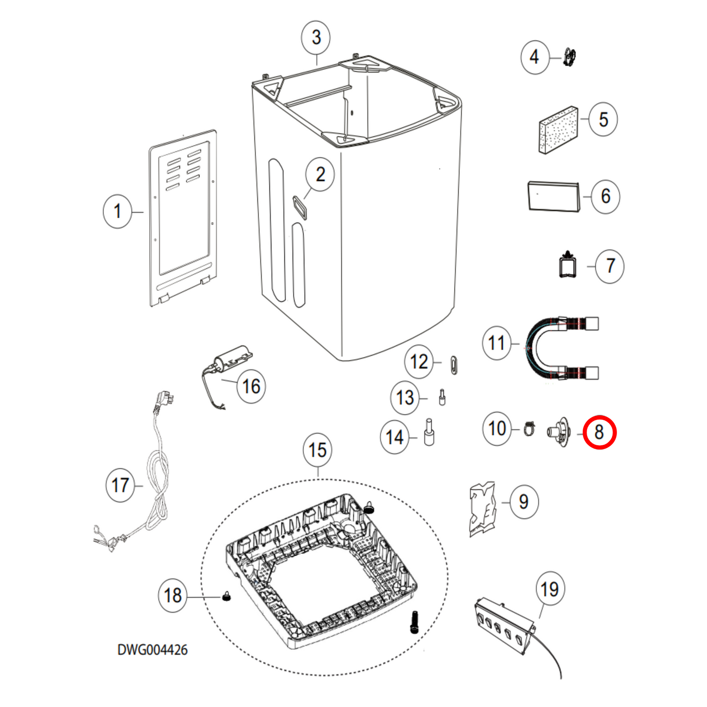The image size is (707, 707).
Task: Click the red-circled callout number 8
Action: click(599, 432)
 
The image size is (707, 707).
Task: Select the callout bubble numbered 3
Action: click(316, 37)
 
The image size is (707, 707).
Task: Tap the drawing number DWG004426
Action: click(152, 650)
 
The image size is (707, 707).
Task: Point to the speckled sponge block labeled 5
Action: click(557, 130)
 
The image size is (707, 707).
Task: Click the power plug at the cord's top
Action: click(163, 400)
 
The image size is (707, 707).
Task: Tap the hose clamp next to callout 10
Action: click(528, 429)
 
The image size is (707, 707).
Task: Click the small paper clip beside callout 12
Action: click(454, 365)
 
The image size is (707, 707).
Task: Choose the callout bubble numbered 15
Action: click(317, 450)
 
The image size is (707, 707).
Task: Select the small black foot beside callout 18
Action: click(227, 596)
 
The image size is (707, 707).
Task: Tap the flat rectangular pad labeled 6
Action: click(553, 197)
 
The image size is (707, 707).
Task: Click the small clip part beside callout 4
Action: click(570, 57)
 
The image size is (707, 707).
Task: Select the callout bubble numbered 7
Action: click(610, 266)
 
